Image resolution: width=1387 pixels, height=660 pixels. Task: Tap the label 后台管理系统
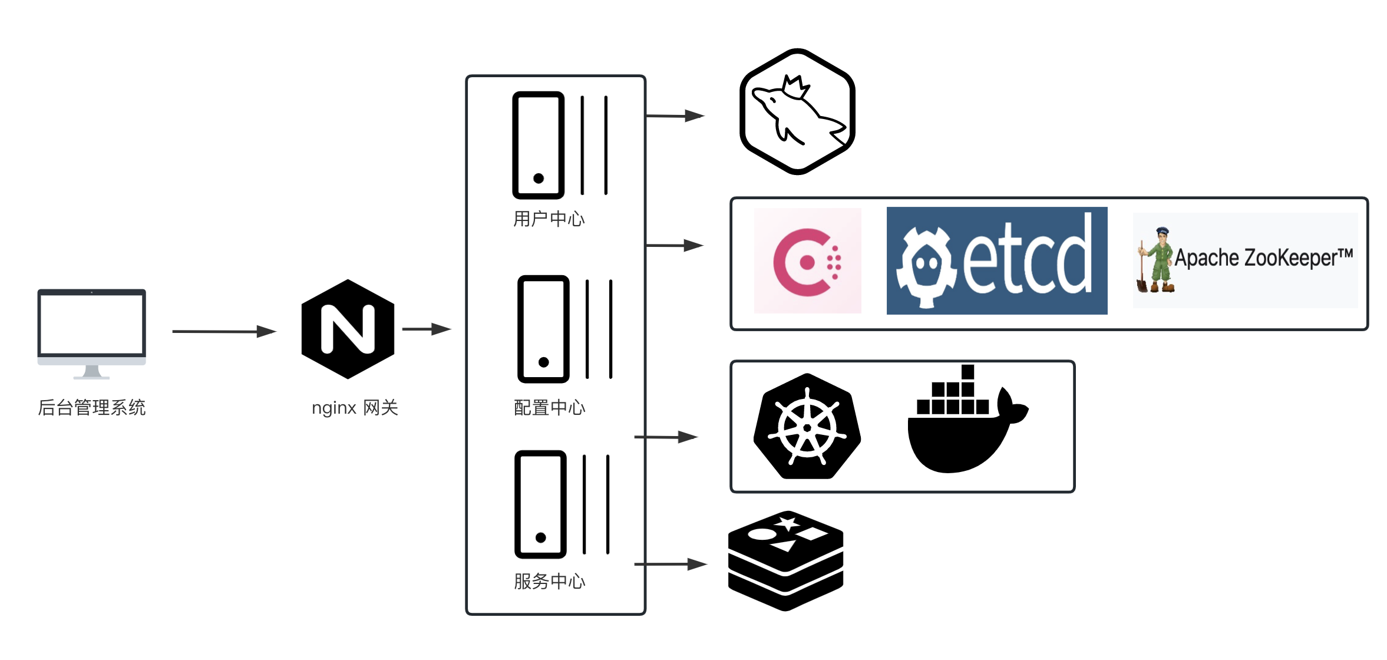click(92, 407)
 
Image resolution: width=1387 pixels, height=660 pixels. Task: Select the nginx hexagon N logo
click(348, 329)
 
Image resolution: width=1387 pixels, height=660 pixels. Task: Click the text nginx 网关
click(355, 407)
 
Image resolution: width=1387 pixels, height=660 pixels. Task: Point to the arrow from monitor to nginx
click(224, 332)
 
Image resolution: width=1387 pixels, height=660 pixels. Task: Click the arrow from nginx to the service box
click(426, 329)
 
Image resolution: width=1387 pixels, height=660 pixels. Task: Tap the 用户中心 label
click(549, 219)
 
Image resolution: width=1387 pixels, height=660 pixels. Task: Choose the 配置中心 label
click(549, 407)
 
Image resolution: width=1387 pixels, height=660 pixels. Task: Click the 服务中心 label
click(549, 581)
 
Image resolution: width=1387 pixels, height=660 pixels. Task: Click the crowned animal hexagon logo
click(797, 112)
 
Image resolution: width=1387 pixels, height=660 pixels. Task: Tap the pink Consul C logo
click(807, 260)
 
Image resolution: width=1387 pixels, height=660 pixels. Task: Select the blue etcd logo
click(996, 260)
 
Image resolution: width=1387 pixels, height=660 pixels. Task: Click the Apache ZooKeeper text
click(1263, 258)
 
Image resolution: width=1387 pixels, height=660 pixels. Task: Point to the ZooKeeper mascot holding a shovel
click(1156, 260)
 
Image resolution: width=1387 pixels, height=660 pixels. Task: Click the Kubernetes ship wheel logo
click(807, 426)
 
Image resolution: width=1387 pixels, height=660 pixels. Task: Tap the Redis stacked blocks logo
click(785, 560)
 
